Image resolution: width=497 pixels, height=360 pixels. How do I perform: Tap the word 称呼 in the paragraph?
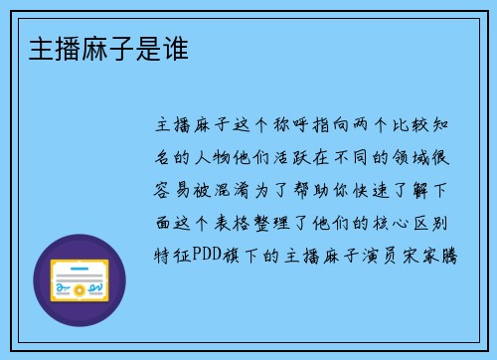(293, 126)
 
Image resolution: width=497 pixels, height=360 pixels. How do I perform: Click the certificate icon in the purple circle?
(80, 282)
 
